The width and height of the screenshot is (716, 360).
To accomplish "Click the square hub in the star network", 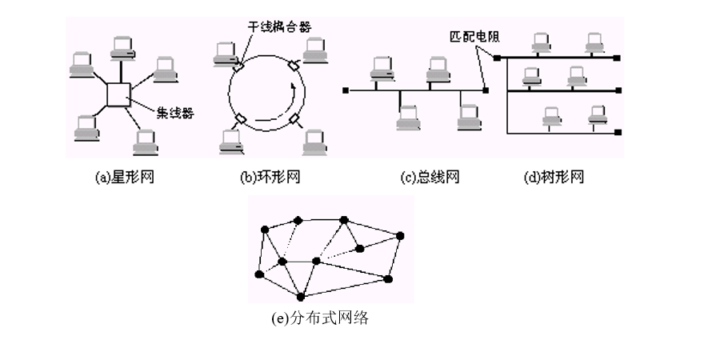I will (x=118, y=94).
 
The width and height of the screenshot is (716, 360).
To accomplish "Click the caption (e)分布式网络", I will (x=320, y=318).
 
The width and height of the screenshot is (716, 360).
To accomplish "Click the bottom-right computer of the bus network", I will (x=468, y=117).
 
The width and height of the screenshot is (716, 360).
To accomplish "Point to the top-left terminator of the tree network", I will (x=497, y=58).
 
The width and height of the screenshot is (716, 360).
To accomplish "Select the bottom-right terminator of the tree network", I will (x=619, y=131).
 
